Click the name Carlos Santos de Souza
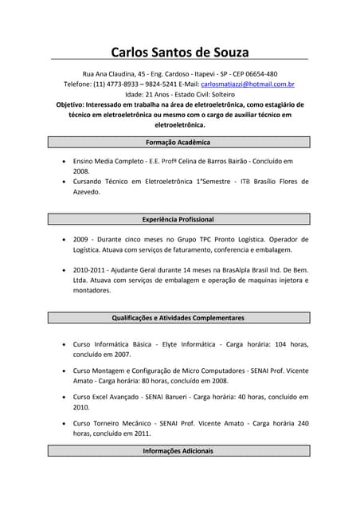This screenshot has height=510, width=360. (179, 53)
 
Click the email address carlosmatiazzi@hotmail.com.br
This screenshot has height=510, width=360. (248, 84)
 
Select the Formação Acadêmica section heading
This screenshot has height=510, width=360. (178, 142)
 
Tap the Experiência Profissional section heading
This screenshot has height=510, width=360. (178, 219)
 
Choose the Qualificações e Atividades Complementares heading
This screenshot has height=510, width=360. (178, 318)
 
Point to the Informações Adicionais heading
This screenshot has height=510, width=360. (178, 451)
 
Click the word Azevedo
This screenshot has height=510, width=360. (87, 192)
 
